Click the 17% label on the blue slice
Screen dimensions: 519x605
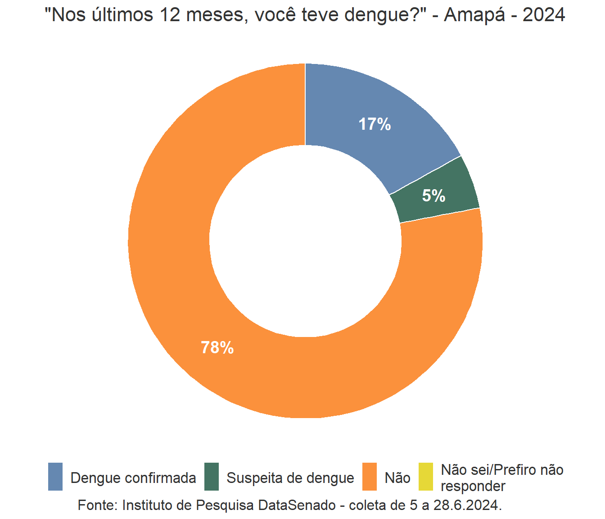[375, 124]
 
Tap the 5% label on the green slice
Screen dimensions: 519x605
[433, 196]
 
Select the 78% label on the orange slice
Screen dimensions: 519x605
[217, 347]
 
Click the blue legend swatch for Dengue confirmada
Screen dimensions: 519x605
[55, 477]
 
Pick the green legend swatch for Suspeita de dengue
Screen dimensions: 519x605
[211, 477]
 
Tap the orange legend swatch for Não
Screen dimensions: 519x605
[370, 477]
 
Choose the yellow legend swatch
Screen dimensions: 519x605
[425, 477]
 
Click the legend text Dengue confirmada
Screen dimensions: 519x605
[133, 478]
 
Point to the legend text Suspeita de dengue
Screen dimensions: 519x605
[290, 478]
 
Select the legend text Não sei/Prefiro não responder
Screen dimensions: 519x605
[502, 478]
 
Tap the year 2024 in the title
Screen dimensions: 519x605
[544, 15]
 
